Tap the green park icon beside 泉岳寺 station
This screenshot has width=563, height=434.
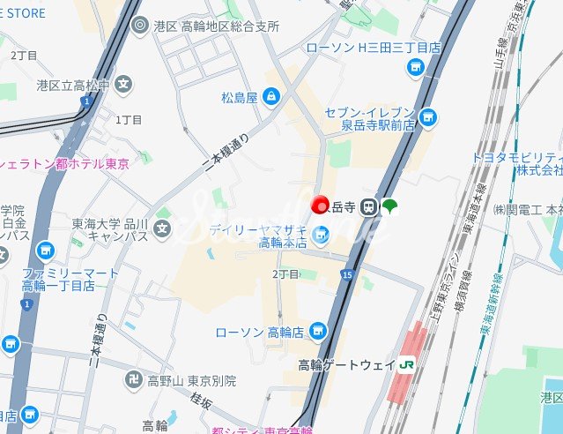(389, 207)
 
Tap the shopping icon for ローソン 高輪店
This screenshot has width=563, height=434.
(318, 332)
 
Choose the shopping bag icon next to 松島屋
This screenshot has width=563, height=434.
(271, 96)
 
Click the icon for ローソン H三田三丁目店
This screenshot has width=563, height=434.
(416, 66)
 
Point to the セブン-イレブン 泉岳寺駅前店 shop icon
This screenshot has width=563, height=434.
(428, 116)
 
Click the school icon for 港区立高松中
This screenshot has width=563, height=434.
(124, 86)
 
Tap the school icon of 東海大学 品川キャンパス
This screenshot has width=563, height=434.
(162, 229)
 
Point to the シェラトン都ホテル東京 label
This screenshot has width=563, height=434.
(65, 163)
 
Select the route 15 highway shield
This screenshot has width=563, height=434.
(347, 276)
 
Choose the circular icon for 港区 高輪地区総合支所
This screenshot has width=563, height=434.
(138, 26)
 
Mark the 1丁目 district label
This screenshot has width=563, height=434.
(129, 119)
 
